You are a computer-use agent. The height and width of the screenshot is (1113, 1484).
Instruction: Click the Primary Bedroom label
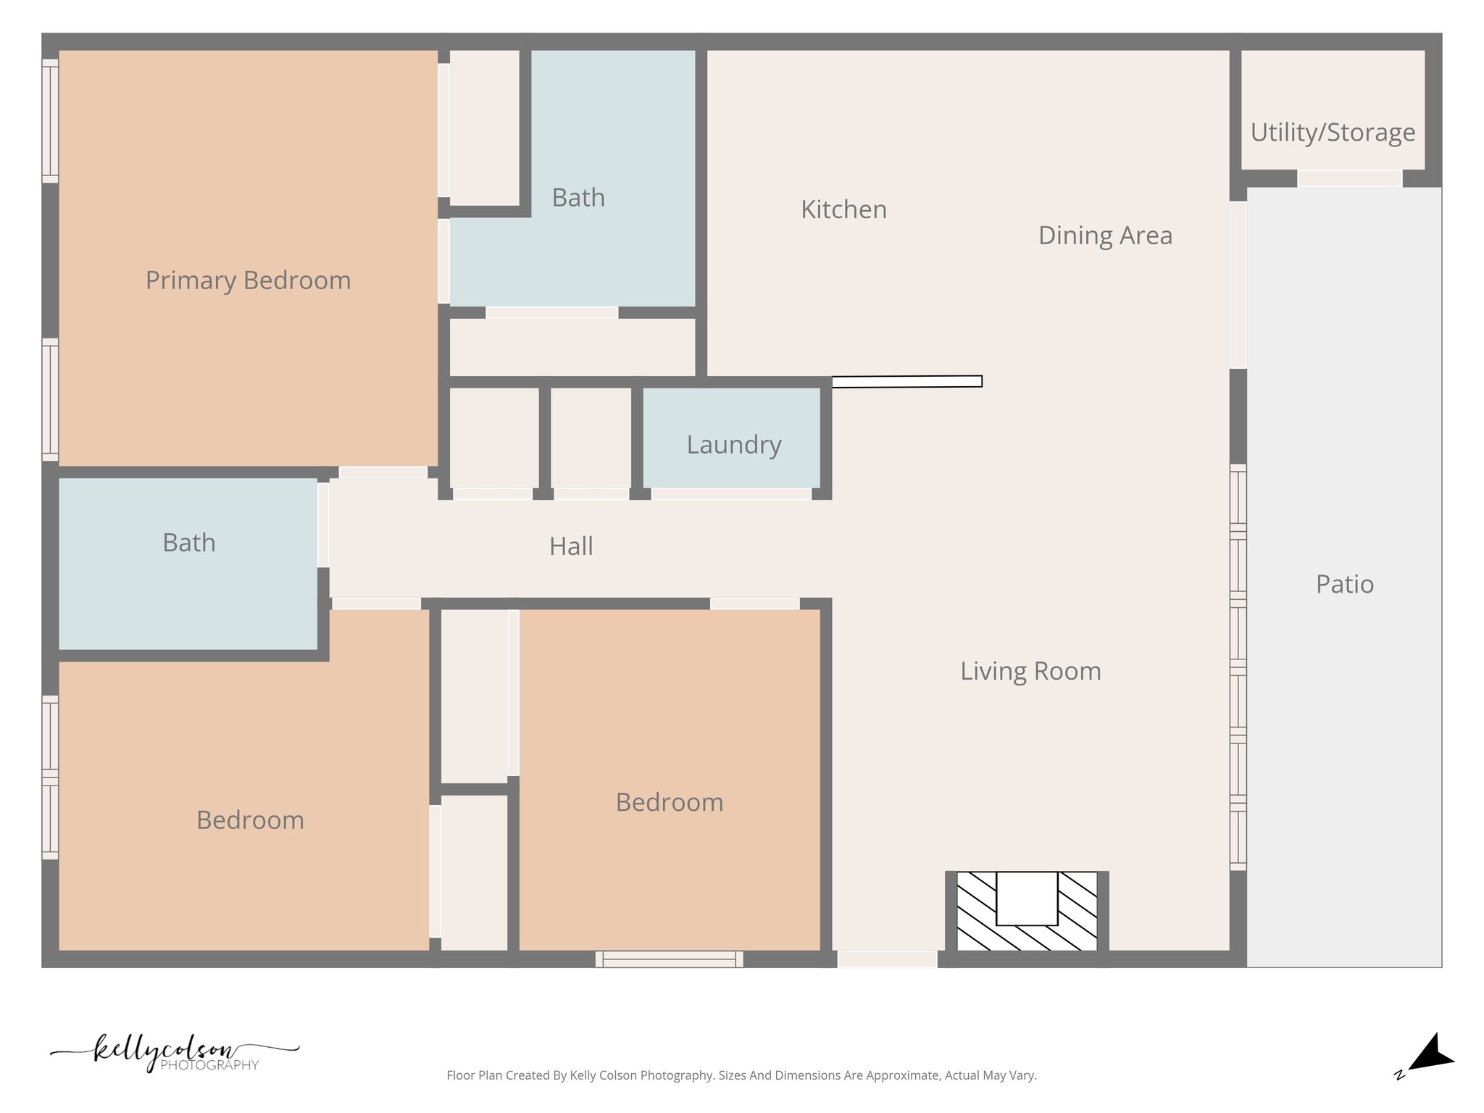tap(248, 280)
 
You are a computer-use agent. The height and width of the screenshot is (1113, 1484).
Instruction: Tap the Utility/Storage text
tap(1332, 133)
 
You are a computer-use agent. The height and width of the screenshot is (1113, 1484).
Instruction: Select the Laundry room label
tap(733, 444)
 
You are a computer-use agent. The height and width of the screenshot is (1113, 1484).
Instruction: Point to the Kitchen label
tap(843, 209)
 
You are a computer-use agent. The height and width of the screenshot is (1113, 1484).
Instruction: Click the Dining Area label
tap(1104, 235)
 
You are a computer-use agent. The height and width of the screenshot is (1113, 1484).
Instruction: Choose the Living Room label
tap(1030, 671)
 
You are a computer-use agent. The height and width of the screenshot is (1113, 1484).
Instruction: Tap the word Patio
tap(1344, 584)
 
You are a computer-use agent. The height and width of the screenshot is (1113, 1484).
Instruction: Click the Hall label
tap(571, 546)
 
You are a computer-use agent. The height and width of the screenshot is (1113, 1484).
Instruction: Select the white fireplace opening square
tap(1026, 898)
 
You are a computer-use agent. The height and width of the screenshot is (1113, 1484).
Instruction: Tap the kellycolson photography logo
tap(174, 1052)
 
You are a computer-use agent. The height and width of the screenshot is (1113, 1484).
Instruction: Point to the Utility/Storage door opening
tap(1348, 178)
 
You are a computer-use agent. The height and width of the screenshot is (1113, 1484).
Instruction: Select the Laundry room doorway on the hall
tap(730, 494)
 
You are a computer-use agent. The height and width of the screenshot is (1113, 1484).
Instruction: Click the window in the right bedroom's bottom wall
tap(669, 959)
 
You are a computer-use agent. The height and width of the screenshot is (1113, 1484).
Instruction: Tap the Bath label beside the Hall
tap(188, 543)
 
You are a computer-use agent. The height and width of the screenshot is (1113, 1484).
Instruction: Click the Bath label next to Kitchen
tap(578, 198)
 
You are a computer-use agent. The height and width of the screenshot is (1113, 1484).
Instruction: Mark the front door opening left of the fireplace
tap(887, 959)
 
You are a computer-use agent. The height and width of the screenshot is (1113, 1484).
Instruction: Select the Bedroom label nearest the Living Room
tap(669, 803)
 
